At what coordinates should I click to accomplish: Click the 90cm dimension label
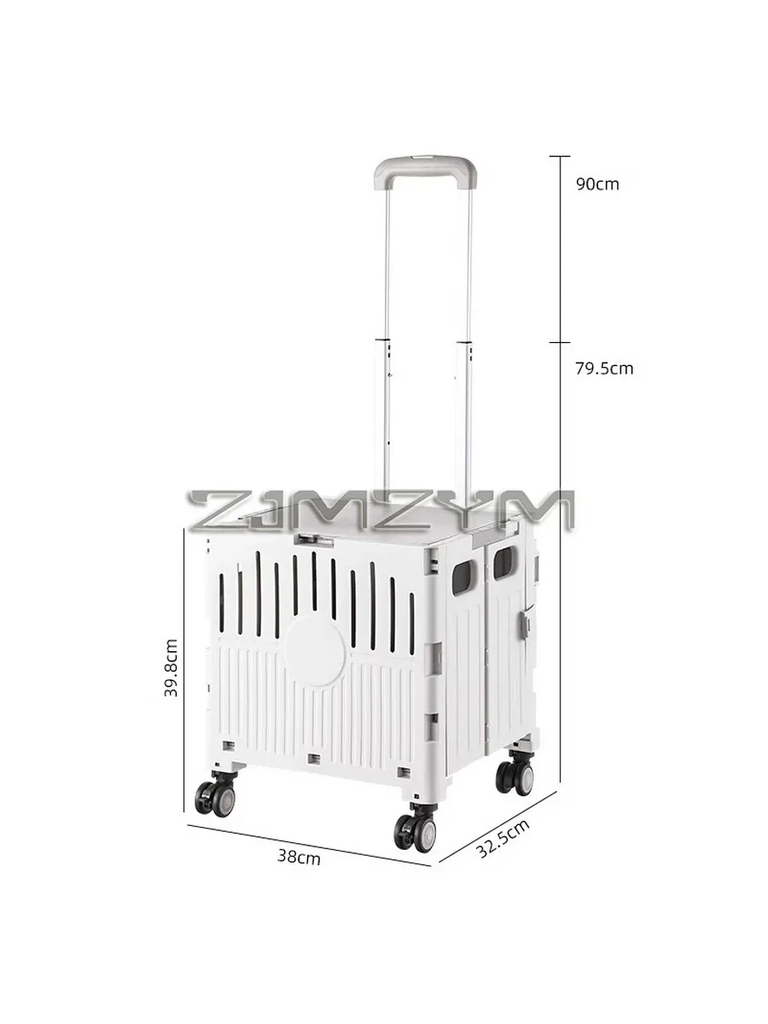(x=597, y=184)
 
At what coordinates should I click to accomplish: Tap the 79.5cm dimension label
(x=604, y=369)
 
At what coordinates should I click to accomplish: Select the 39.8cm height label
(x=172, y=667)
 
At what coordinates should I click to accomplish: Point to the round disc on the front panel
(x=315, y=650)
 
